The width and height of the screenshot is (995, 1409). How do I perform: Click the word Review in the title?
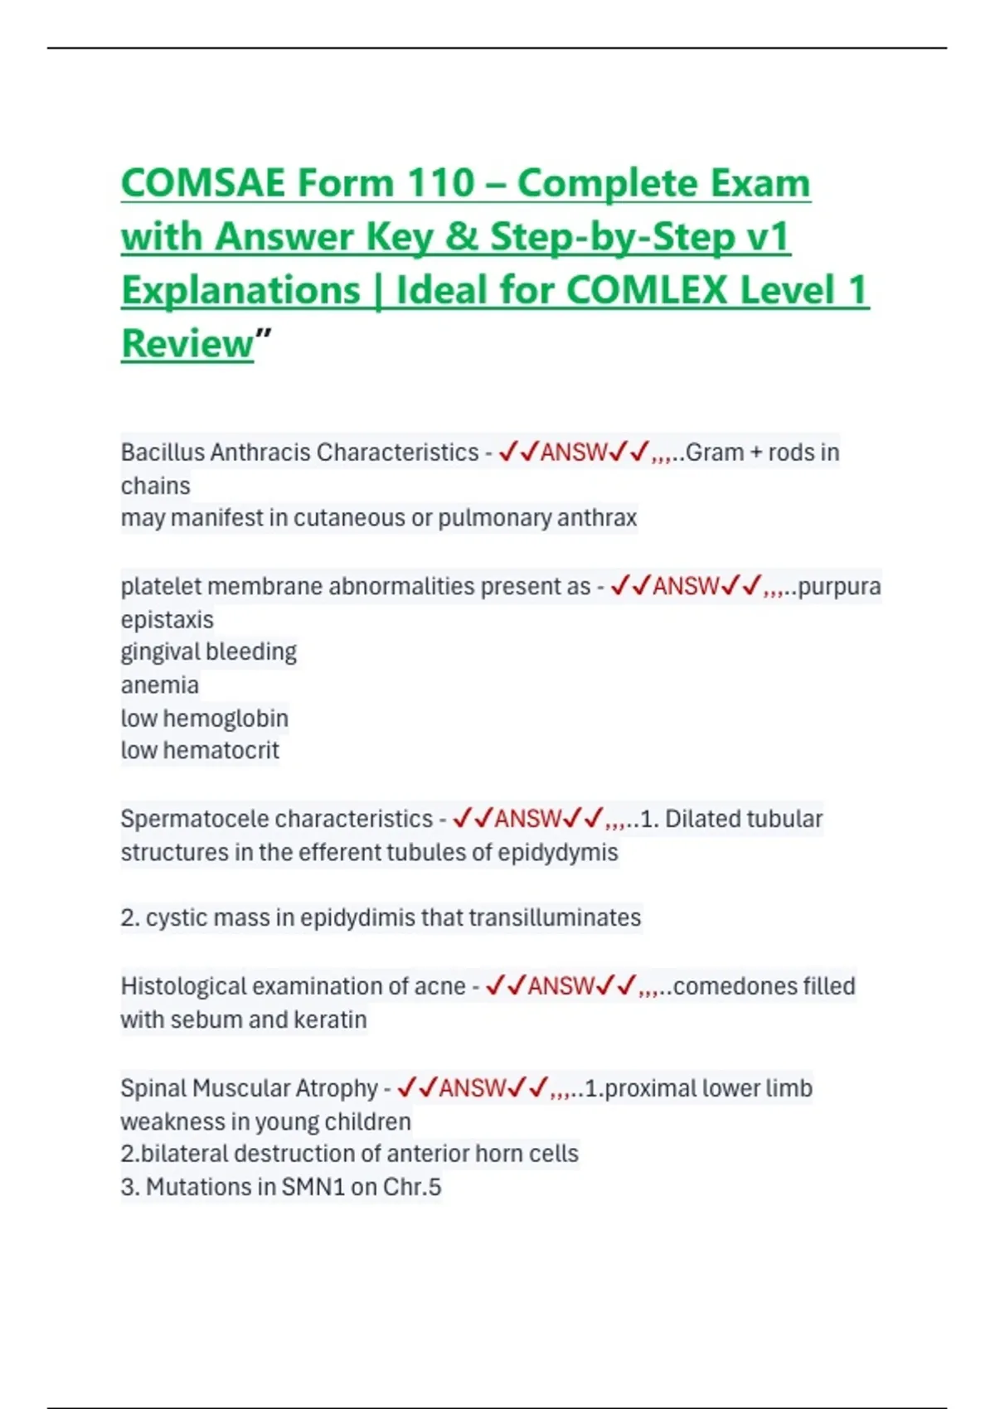(187, 344)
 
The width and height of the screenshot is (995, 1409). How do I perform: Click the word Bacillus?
(163, 453)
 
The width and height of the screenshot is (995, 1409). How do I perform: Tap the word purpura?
(839, 587)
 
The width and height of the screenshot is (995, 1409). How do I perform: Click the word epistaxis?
(167, 620)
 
